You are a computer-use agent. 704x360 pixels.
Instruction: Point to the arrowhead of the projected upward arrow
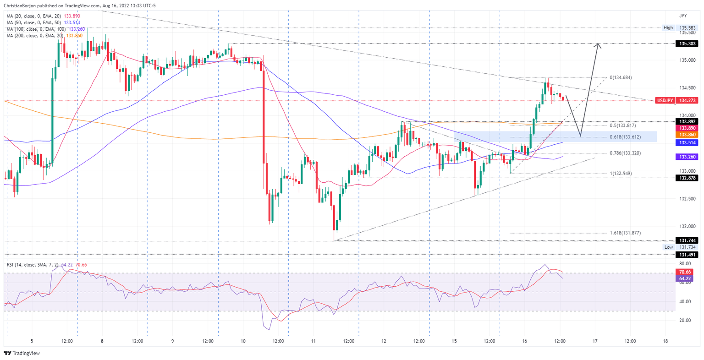click(x=598, y=44)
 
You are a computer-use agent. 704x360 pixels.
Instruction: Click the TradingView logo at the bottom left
click(x=22, y=353)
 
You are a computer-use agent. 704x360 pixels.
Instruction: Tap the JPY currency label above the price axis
click(x=683, y=16)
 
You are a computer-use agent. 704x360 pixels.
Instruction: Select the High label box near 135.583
click(x=668, y=27)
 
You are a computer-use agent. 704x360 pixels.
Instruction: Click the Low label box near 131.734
click(x=668, y=247)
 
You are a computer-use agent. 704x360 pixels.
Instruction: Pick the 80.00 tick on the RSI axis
click(x=685, y=264)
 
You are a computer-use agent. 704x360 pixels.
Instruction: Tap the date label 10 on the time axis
click(x=243, y=341)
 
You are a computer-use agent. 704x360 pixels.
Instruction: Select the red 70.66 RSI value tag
click(x=685, y=272)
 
